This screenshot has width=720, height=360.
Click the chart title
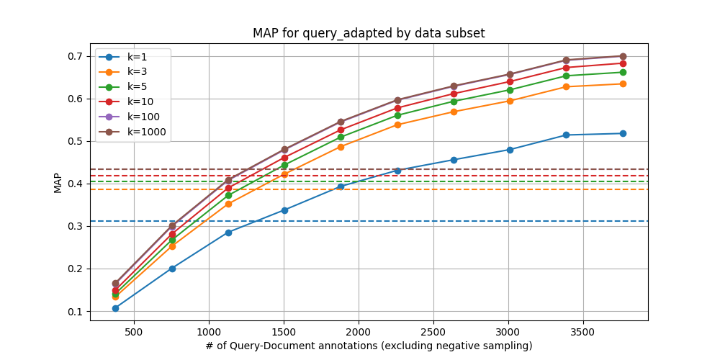pos(369,34)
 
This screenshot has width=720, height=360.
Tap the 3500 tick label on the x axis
pos(582,333)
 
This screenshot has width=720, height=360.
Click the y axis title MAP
pos(58,184)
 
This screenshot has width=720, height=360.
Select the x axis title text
pos(369,346)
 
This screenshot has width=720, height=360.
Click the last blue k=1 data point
pos(622,133)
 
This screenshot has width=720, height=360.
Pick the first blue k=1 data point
pos(115,308)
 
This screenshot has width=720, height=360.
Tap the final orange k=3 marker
pos(622,84)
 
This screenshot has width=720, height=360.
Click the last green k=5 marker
pos(622,72)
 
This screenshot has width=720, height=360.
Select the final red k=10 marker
pos(622,63)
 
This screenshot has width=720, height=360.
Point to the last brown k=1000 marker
pos(622,56)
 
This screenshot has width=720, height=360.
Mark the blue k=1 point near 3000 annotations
pos(510,150)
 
